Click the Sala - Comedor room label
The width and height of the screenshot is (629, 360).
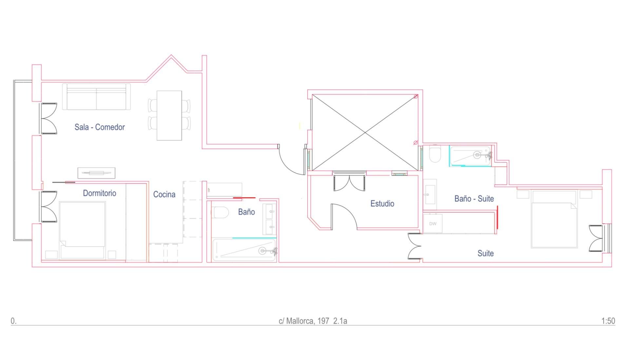(x=100, y=127)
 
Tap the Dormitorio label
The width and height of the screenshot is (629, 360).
(x=100, y=193)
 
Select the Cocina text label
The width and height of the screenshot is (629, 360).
(x=164, y=195)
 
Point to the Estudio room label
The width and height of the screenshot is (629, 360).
(x=382, y=204)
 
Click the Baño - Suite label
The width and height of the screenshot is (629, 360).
(x=474, y=199)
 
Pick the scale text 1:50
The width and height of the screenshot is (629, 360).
(x=608, y=321)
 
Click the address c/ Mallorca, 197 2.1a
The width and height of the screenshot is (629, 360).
(x=313, y=321)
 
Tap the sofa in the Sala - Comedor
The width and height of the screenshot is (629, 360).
(x=96, y=97)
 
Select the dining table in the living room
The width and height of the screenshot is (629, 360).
(x=169, y=116)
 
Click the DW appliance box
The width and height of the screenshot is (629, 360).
(x=433, y=224)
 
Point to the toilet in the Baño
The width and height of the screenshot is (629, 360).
(x=220, y=213)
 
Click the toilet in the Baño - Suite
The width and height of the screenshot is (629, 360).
(x=435, y=155)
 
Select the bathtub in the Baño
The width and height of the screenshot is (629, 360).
(x=244, y=250)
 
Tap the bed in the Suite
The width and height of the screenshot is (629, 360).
(x=554, y=219)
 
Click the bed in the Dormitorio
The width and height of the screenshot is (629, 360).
(x=83, y=230)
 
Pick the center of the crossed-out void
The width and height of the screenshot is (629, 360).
(x=365, y=132)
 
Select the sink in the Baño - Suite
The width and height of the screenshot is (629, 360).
(x=430, y=194)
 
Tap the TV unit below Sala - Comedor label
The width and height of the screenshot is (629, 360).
(x=96, y=173)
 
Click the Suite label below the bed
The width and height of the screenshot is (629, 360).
(x=486, y=253)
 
